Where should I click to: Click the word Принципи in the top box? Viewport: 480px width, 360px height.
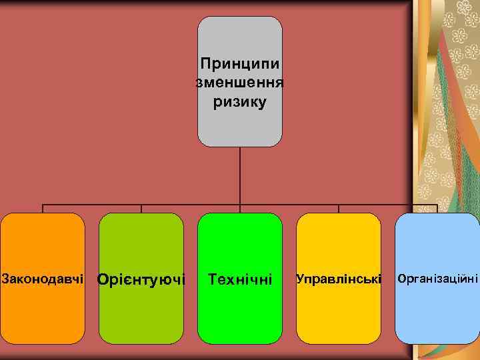click(240, 65)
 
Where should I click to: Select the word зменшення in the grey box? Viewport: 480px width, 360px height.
click(240, 83)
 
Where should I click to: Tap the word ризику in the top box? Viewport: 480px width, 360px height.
click(240, 102)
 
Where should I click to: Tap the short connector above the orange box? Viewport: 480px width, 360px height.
click(43, 209)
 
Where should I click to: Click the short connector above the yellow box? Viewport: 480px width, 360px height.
click(339, 209)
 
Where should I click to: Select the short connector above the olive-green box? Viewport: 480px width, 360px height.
click(141, 209)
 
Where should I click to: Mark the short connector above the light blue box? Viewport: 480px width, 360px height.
click(437, 209)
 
